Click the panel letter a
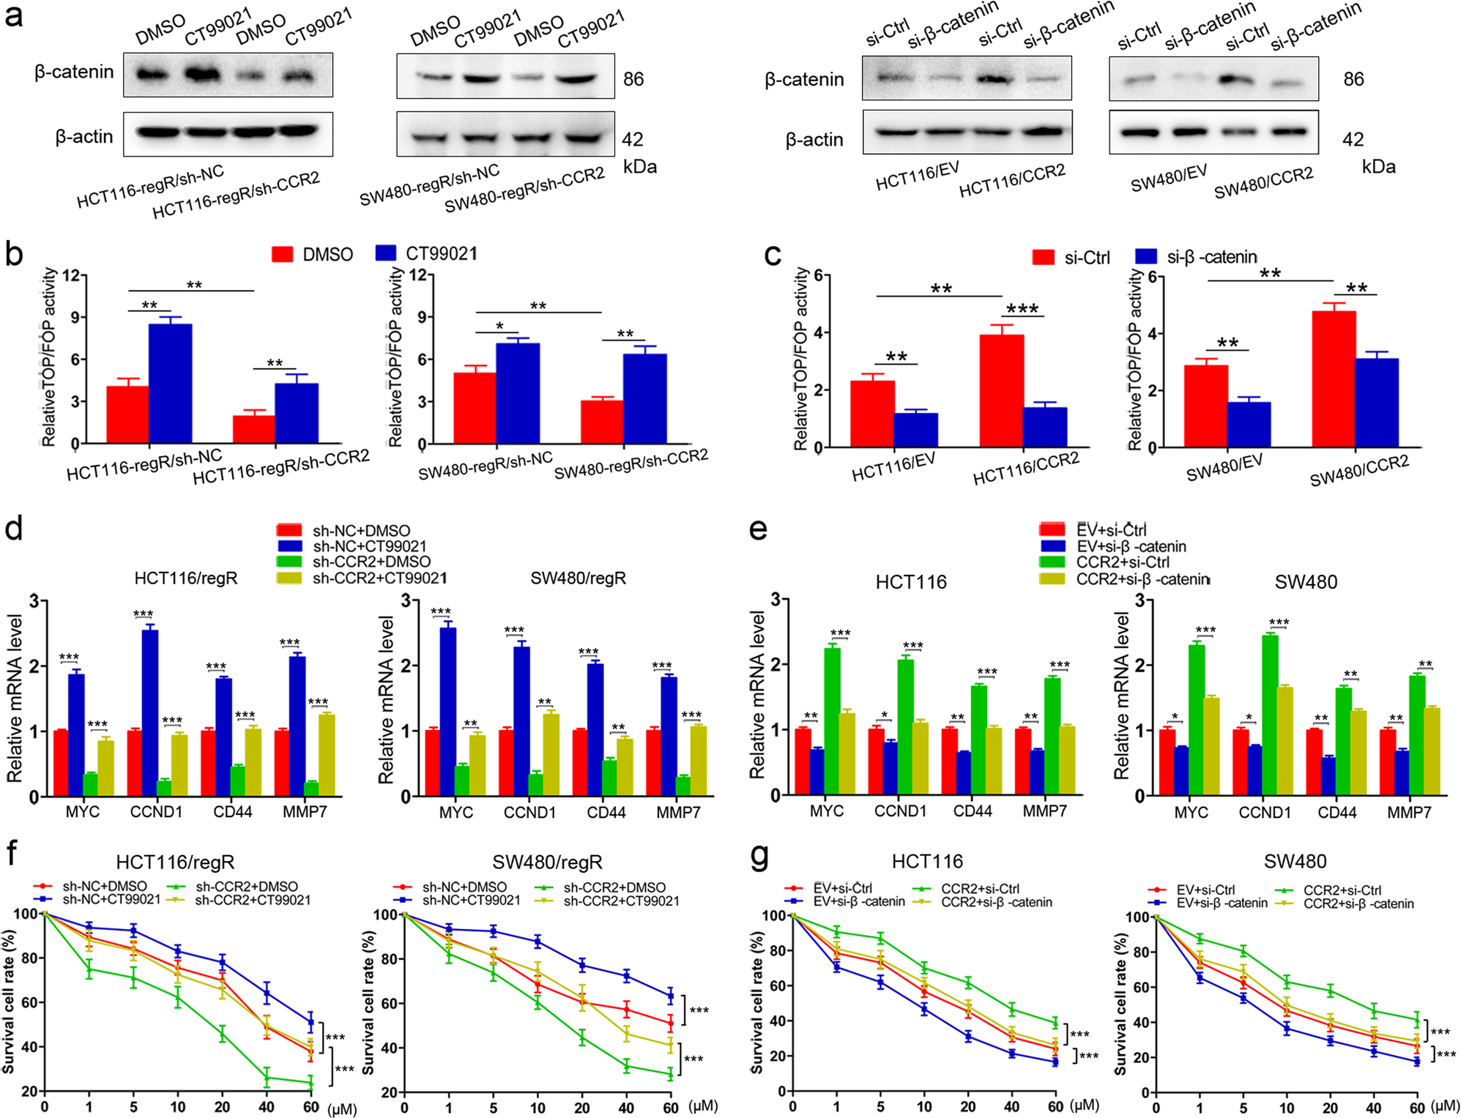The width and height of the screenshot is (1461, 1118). [12, 16]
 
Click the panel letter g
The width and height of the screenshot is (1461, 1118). [759, 855]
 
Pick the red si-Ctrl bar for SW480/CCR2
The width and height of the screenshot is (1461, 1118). [1333, 379]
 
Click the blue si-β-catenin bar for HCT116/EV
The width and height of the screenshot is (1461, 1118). [915, 430]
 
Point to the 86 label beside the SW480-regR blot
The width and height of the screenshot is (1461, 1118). [633, 79]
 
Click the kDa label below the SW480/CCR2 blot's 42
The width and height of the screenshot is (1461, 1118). [1378, 167]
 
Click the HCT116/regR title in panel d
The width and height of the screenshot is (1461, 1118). [186, 578]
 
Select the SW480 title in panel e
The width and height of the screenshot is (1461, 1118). [1305, 582]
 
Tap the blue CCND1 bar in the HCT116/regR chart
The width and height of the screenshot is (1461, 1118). [149, 712]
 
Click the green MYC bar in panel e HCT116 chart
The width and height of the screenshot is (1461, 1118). [832, 720]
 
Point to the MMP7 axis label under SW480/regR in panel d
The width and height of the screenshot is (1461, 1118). [677, 813]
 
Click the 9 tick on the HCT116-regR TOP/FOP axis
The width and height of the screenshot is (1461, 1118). [74, 317]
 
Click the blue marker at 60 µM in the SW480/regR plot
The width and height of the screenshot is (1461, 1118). [670, 996]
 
